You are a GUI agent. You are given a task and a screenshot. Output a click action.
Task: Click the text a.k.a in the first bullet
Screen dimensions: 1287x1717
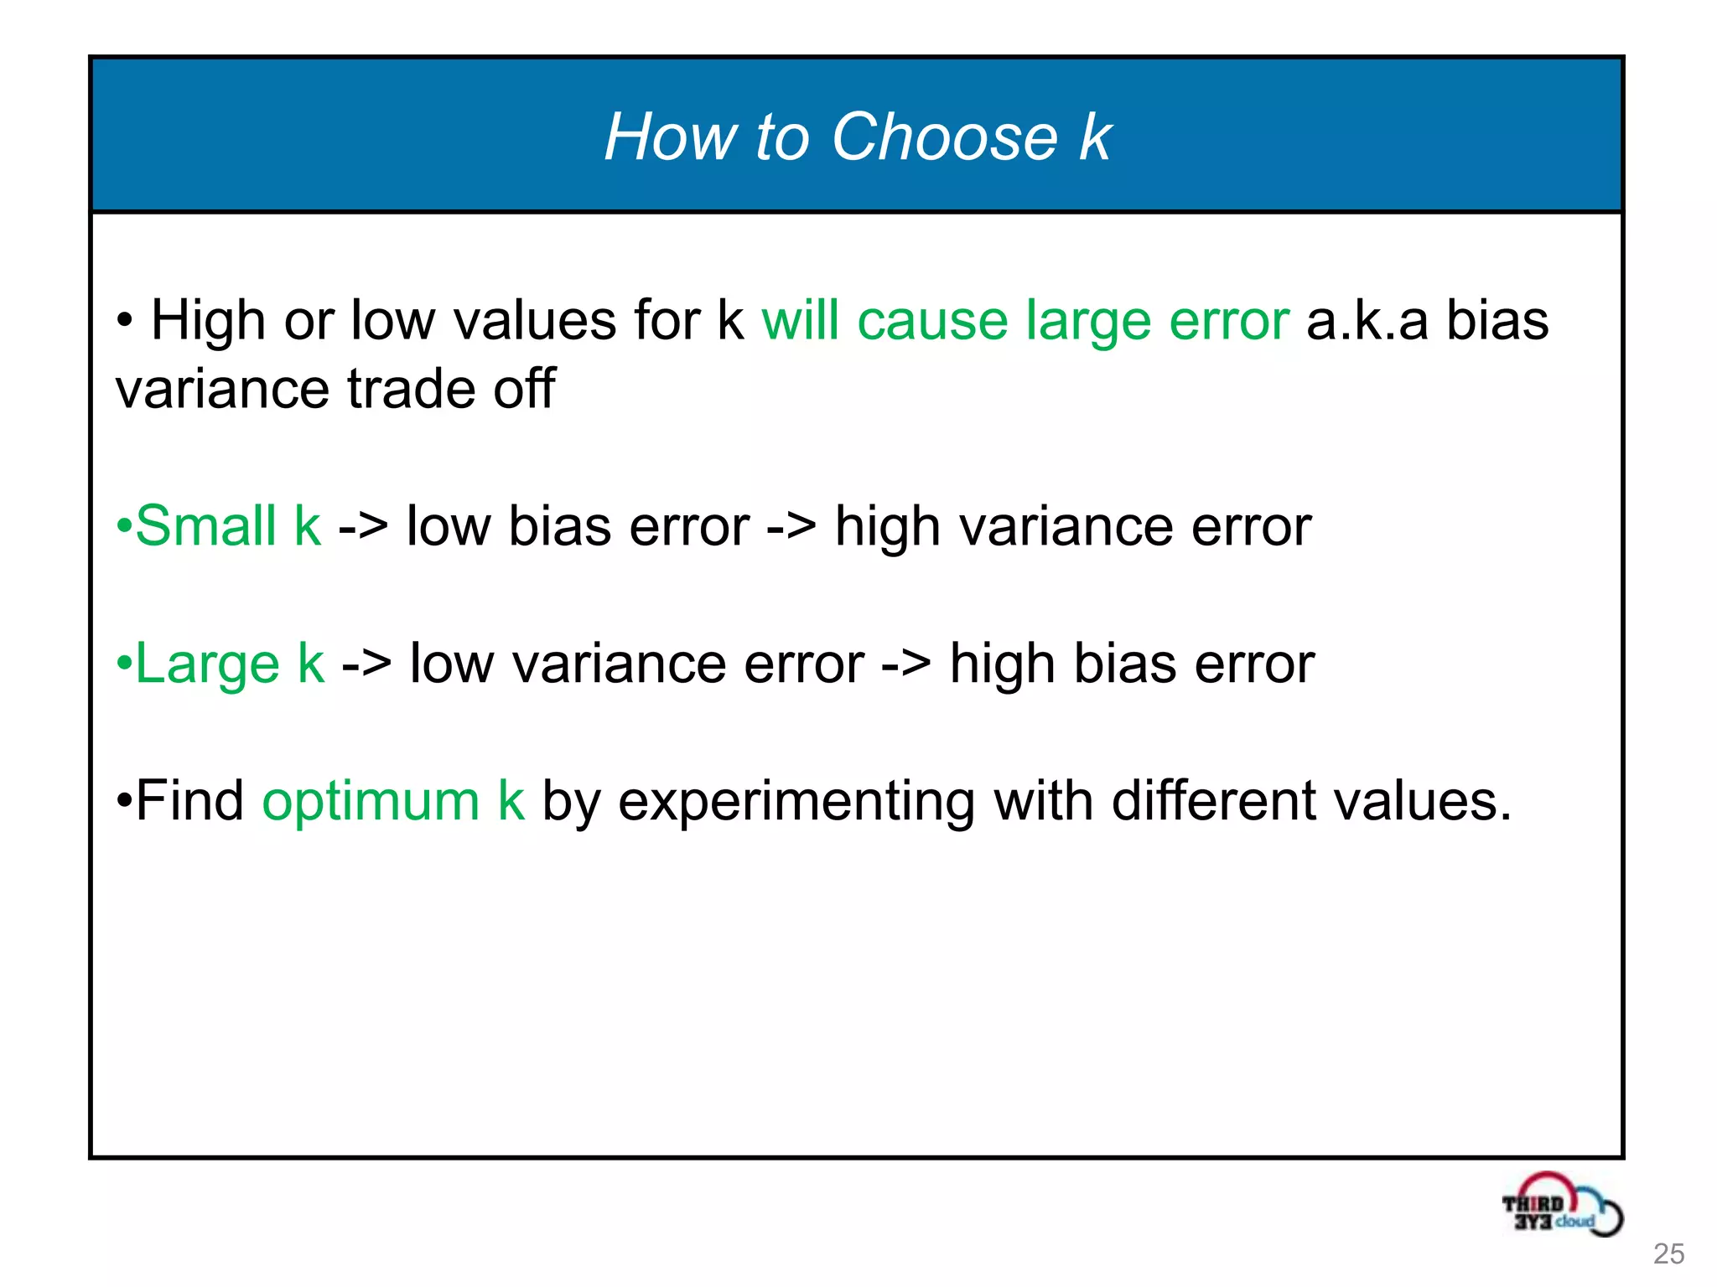point(1367,321)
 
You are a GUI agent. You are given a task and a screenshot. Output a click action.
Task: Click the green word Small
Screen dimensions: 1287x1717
point(205,526)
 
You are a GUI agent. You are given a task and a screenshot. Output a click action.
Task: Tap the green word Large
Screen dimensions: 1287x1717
point(207,664)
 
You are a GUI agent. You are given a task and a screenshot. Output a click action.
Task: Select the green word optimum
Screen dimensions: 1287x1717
point(371,801)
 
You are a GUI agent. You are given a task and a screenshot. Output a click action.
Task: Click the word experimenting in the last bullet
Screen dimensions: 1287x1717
point(796,801)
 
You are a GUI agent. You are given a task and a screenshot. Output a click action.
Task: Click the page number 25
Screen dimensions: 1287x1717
point(1668,1253)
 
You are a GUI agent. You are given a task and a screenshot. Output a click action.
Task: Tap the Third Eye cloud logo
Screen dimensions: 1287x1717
point(1561,1207)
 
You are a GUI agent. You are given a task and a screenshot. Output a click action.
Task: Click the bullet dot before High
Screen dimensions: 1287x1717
point(124,322)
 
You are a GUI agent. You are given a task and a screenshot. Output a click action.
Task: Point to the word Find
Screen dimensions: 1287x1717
point(189,801)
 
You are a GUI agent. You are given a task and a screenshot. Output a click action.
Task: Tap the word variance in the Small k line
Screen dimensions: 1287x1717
point(1065,526)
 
